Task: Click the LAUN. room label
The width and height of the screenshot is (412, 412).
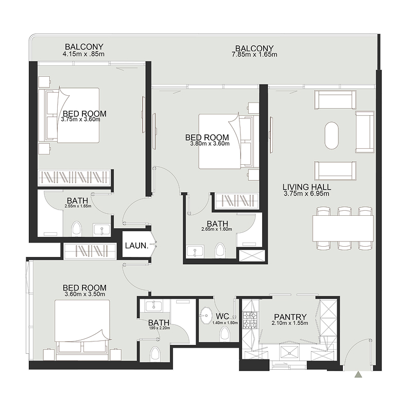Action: tap(136, 246)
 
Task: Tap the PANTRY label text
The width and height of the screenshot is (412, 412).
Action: tap(290, 317)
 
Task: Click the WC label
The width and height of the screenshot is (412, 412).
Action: tap(222, 316)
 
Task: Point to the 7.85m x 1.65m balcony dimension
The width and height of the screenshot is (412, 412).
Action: tap(254, 54)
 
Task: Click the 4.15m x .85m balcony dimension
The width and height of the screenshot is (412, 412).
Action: tap(84, 54)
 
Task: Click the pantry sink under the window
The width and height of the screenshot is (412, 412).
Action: tap(291, 352)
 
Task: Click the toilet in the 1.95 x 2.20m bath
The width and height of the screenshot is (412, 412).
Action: tap(155, 354)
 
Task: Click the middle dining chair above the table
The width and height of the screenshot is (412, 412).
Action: tap(344, 211)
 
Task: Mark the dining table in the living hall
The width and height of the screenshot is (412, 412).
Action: tap(342, 227)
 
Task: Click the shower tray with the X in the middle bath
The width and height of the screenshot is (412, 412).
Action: tap(251, 256)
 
